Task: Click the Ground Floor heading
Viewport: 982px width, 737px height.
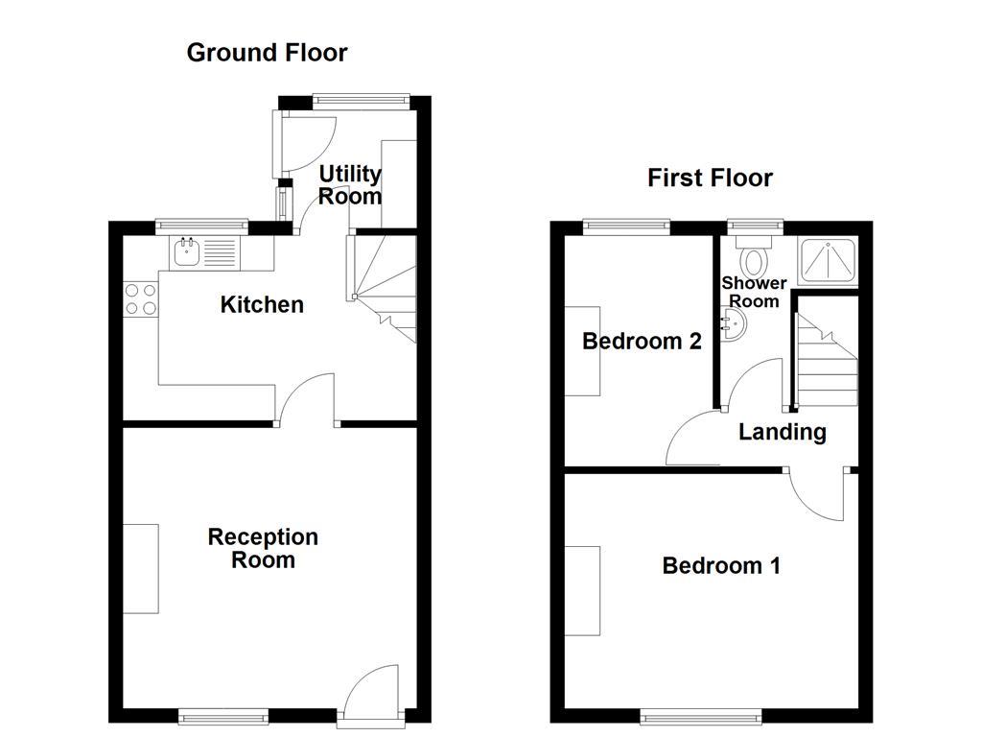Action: coord(267,52)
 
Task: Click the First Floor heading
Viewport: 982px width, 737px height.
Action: coord(710,178)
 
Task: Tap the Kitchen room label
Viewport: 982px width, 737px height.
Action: coord(262,305)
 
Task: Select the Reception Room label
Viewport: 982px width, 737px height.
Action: coord(263,548)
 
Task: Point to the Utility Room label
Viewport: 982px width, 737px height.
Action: coord(350,185)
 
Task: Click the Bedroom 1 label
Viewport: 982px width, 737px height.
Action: coord(721,566)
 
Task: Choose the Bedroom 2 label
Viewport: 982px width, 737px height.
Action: coord(643,341)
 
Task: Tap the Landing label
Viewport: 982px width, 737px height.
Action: coord(783,432)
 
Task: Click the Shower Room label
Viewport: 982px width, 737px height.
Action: coord(754,292)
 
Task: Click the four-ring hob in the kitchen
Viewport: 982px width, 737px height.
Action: coord(140,298)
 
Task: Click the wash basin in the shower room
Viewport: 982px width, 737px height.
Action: coord(734,326)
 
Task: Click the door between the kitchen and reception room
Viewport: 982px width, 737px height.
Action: coord(307,398)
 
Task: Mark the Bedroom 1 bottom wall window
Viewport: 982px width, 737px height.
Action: coord(702,716)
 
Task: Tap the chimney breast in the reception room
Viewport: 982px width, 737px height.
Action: coord(141,569)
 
